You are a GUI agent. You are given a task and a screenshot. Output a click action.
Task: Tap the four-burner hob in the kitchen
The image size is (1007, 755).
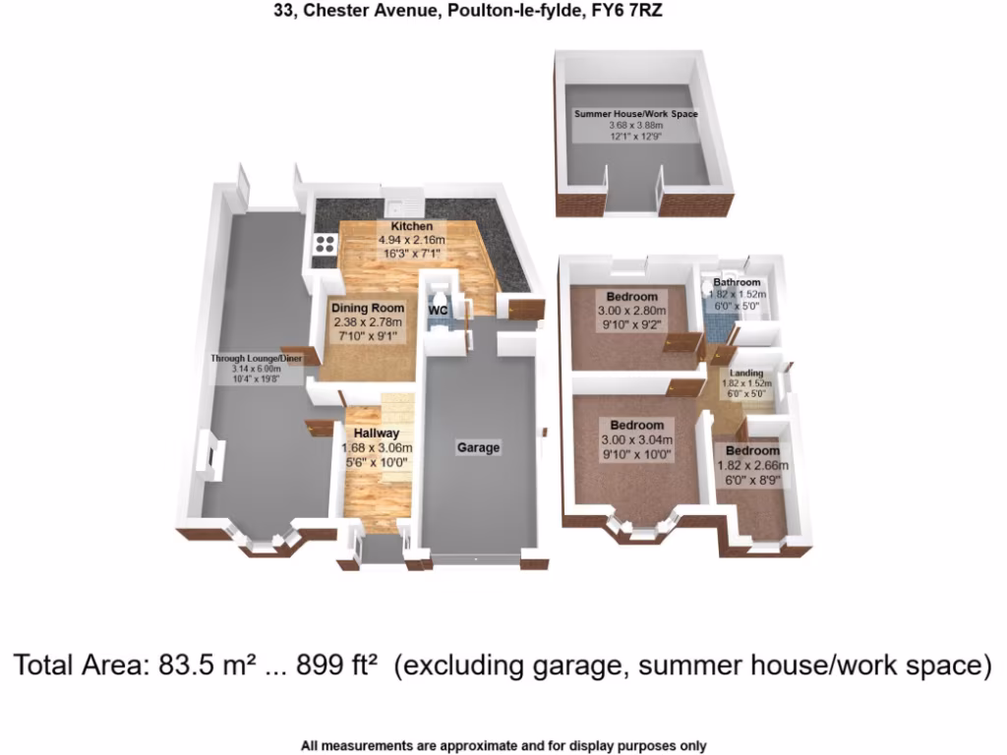(324, 249)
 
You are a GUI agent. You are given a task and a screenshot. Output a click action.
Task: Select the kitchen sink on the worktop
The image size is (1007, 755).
(403, 205)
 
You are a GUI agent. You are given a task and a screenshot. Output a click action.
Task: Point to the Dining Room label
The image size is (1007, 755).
(367, 308)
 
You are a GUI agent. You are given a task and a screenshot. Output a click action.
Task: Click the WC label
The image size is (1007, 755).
(438, 311)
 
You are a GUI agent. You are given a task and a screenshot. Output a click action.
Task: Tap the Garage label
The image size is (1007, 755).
(478, 447)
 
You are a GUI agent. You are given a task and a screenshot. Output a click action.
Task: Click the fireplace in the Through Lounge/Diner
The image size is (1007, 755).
(211, 457)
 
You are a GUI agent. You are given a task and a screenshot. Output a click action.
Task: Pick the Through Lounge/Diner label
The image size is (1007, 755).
(257, 358)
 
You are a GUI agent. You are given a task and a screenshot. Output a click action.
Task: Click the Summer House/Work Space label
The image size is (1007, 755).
(636, 114)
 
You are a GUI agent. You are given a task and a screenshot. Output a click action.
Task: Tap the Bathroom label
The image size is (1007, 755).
(737, 283)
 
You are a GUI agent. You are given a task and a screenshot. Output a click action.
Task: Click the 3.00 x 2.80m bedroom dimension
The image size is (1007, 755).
(631, 312)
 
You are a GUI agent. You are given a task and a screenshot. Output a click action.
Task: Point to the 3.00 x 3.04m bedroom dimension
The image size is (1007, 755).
(635, 440)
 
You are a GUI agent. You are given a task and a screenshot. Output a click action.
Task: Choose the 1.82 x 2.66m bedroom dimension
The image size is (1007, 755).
(754, 466)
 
